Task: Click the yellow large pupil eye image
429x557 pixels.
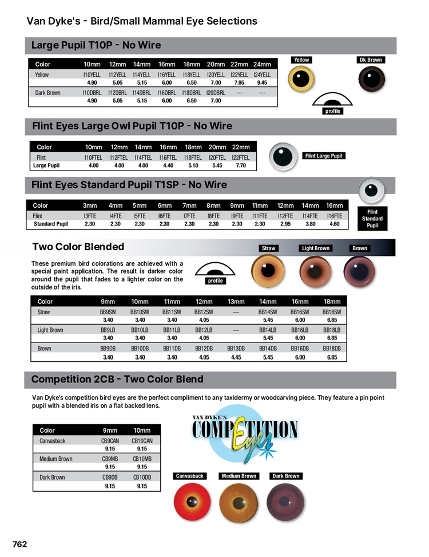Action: point(301,79)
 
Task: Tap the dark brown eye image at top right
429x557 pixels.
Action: point(371,79)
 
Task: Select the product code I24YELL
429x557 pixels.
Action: point(262,74)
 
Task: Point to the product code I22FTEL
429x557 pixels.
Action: point(241,157)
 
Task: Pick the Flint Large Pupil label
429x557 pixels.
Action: point(324,156)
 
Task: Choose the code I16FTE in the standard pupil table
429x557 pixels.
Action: point(334,216)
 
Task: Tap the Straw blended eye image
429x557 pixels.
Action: point(268,271)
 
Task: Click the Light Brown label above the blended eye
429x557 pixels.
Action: point(316,248)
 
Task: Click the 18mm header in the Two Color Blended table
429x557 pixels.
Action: point(332,302)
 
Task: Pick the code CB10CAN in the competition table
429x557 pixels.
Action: point(142,441)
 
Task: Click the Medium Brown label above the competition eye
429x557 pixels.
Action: point(239,476)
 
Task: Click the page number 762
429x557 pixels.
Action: point(20,544)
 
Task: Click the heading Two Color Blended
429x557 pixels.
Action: point(78,247)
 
